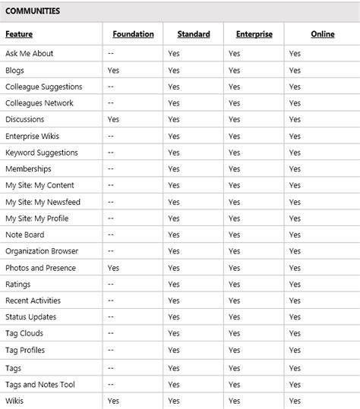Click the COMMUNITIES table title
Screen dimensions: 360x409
tap(33, 11)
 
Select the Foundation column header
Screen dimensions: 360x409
tap(133, 34)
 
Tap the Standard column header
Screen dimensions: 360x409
tap(194, 34)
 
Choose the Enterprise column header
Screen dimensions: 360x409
tap(254, 34)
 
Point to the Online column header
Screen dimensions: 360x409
tap(322, 34)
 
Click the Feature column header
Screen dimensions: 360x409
tap(19, 34)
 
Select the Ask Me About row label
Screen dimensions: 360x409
tap(29, 54)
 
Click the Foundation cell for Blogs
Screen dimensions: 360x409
tap(113, 71)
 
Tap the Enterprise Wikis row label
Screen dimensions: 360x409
tap(32, 136)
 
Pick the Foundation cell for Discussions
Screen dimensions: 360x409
tap(113, 120)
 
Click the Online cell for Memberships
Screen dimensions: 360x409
tap(295, 169)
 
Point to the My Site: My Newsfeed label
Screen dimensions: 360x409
tap(43, 202)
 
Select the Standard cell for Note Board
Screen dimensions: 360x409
tap(174, 235)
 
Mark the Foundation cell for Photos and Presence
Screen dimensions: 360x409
tap(113, 268)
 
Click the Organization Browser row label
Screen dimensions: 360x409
tap(42, 251)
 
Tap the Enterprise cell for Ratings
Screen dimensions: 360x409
tap(234, 285)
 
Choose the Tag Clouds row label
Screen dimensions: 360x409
tap(24, 334)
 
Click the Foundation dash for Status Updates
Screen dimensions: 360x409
tap(111, 317)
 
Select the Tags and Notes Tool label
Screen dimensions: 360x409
tap(40, 384)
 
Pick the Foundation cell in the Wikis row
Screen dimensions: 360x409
tap(113, 401)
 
